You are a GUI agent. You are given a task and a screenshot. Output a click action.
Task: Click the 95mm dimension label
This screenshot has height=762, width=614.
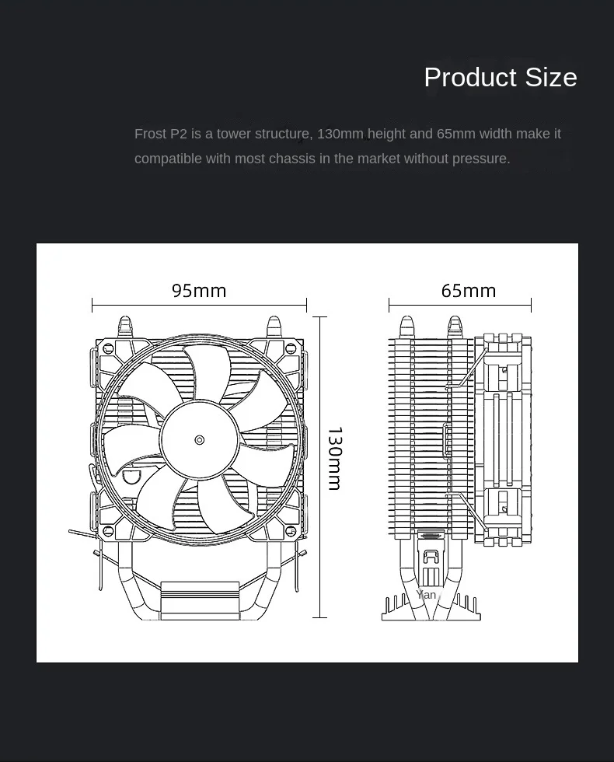tap(199, 291)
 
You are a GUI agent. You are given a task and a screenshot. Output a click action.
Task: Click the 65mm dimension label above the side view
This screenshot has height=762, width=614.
tap(469, 291)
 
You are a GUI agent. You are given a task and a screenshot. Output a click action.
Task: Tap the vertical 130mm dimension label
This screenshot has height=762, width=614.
tap(335, 459)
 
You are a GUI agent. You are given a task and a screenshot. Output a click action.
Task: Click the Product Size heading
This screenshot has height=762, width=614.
tap(501, 77)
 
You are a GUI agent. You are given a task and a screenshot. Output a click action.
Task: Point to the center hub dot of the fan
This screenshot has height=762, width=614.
tap(199, 440)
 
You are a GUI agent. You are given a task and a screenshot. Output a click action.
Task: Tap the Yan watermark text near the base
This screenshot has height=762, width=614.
tap(426, 594)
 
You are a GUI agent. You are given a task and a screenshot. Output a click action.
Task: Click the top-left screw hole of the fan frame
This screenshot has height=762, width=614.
tap(108, 348)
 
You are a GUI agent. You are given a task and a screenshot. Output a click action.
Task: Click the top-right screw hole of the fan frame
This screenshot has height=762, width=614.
tap(291, 348)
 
